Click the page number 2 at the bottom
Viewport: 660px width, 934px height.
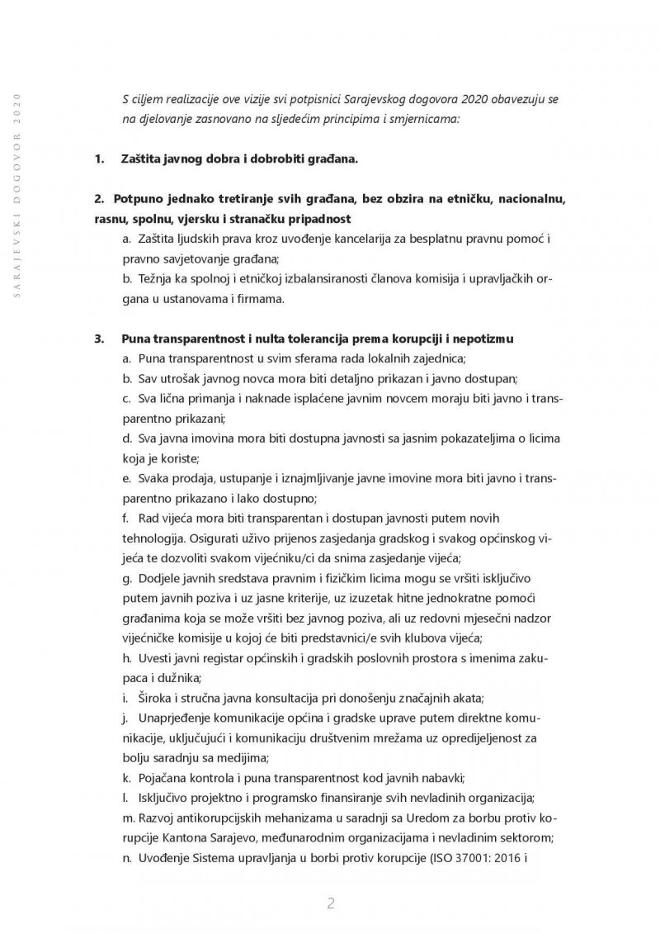330,903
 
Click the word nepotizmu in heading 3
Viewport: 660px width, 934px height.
478,339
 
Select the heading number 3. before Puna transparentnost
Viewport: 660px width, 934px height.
100,339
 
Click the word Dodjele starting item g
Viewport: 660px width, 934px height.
161,577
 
